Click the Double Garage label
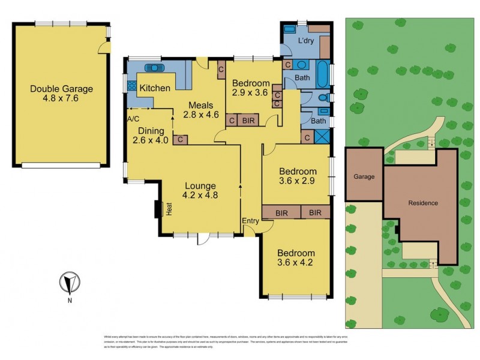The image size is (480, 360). [x=62, y=94]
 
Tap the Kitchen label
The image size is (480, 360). [x=155, y=88]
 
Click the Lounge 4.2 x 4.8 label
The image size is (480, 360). [x=200, y=190]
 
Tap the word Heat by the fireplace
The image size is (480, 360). [x=170, y=209]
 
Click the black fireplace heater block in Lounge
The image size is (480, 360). [x=159, y=209]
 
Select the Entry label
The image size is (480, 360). [x=250, y=221]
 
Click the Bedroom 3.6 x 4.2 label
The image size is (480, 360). [x=296, y=257]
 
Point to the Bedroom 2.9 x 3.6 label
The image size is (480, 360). [x=251, y=88]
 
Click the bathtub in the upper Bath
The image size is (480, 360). [x=323, y=74]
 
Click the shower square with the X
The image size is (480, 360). [x=322, y=136]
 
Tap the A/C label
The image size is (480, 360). [x=133, y=119]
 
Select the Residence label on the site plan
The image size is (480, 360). [x=423, y=203]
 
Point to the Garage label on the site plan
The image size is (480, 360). [x=364, y=176]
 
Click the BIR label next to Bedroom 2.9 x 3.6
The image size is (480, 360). [x=248, y=121]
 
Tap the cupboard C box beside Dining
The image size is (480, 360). [x=180, y=140]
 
